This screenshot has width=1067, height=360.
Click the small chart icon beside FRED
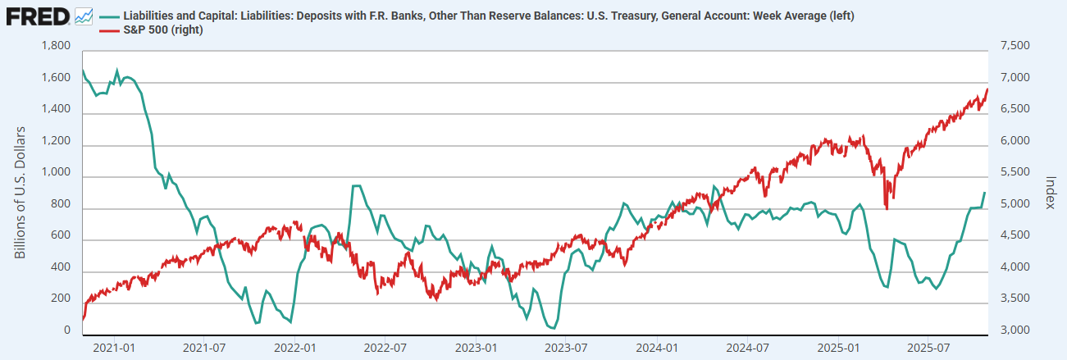point(84,16)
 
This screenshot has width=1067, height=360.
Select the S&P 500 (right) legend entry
point(162,30)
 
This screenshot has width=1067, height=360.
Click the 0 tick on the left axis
point(66,331)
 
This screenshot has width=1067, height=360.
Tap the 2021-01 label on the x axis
point(115,348)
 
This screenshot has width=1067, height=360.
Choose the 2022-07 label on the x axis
point(385,348)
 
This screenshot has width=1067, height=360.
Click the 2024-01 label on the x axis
point(659,348)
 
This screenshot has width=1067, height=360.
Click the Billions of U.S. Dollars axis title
point(21,192)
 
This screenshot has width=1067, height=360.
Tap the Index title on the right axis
point(1050,191)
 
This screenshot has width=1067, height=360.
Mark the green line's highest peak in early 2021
point(116,71)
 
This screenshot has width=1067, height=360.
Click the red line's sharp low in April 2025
point(887,209)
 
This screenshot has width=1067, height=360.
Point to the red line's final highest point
point(987,89)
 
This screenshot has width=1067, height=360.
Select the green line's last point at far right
point(984,193)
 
